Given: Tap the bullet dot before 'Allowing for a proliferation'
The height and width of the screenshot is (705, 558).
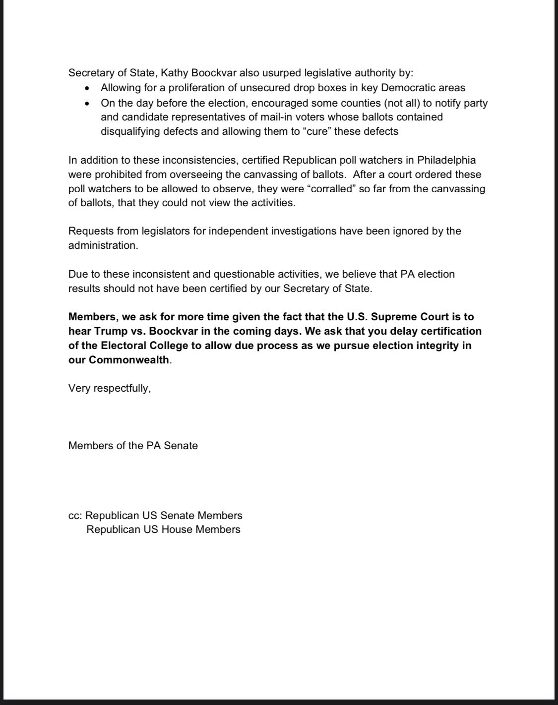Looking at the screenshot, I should pos(88,88).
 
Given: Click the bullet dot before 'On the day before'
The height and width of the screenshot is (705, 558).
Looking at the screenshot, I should pos(88,104).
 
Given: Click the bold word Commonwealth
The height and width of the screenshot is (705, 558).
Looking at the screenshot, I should pos(129,360).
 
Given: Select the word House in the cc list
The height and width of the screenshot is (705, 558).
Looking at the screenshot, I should pos(179,529).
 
